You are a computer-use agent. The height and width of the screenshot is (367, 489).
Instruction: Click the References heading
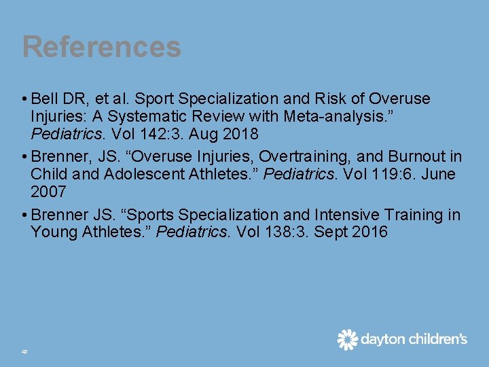click(102, 47)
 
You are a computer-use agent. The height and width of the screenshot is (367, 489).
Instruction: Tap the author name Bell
click(46, 99)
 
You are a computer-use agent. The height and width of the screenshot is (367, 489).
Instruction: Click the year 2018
click(240, 134)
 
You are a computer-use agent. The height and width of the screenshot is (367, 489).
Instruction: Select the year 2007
click(48, 192)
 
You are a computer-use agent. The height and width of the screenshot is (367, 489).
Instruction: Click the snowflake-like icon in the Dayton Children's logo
click(348, 339)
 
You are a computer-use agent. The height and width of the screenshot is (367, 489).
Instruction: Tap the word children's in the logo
click(434, 339)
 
